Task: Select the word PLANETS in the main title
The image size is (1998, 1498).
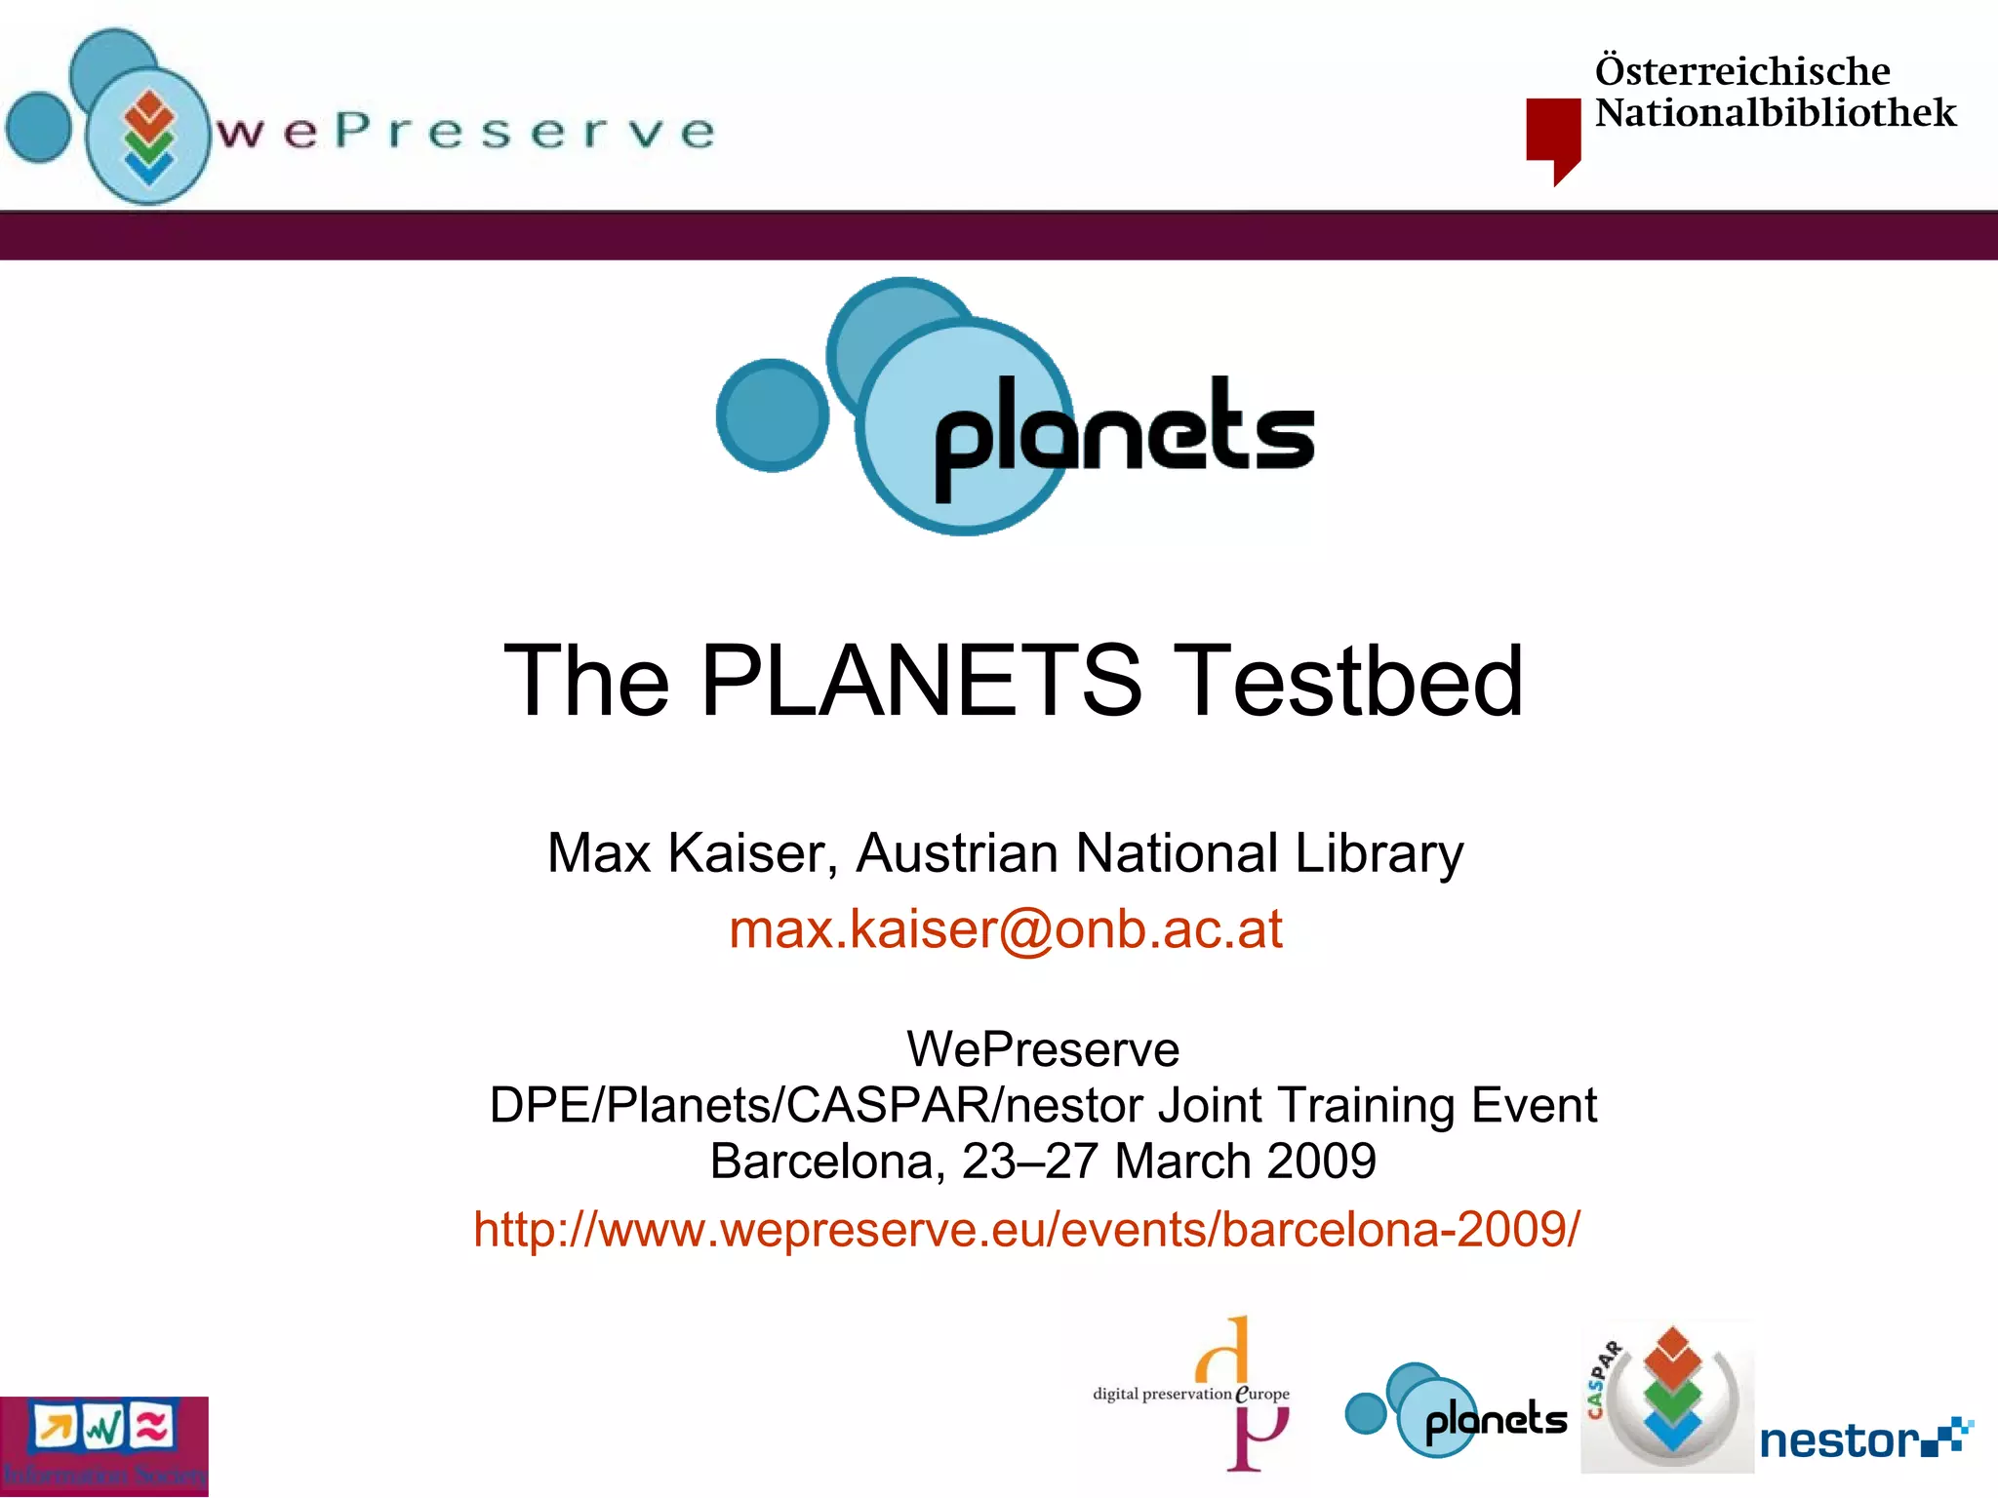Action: [x=920, y=681]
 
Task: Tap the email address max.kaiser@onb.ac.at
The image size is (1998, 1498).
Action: [x=1005, y=928]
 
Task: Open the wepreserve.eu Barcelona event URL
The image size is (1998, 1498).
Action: [x=1026, y=1229]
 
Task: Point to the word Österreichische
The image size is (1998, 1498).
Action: [x=1742, y=71]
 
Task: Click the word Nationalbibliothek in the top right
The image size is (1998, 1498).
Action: [x=1776, y=113]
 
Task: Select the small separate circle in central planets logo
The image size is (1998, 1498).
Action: [x=772, y=415]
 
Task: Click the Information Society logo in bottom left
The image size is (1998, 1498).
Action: [x=103, y=1446]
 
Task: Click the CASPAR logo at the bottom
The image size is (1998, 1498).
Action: [x=1666, y=1397]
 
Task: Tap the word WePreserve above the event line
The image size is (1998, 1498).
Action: [x=1042, y=1049]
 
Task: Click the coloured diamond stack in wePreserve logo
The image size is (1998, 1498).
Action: [x=148, y=137]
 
